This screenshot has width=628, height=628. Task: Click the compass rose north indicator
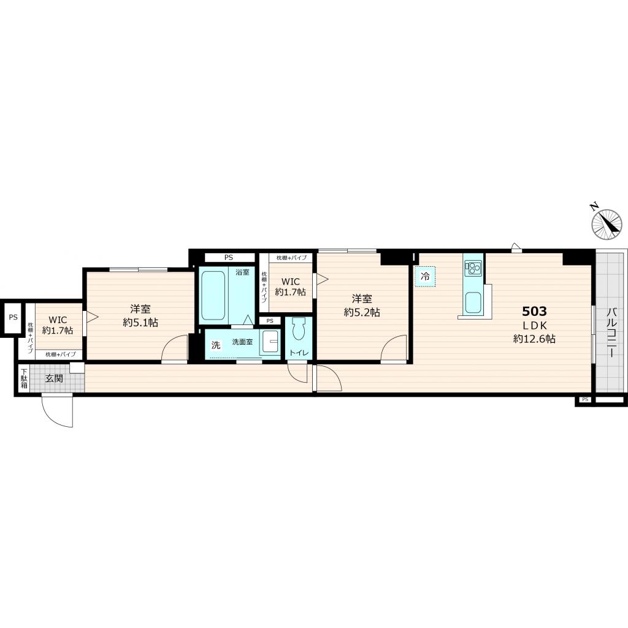[607, 224]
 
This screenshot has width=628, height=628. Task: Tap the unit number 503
[534, 311]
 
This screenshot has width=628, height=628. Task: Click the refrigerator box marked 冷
[425, 276]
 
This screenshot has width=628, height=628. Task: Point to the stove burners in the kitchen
[473, 268]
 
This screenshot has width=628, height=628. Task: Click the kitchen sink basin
[473, 302]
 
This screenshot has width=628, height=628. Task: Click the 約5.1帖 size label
[140, 323]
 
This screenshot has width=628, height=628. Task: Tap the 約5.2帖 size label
[362, 312]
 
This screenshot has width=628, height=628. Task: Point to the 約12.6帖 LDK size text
[534, 339]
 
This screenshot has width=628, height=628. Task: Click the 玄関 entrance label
[54, 378]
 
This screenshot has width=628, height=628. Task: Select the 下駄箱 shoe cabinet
[23, 379]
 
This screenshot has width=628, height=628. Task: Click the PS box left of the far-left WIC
[12, 318]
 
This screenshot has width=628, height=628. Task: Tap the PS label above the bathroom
[229, 258]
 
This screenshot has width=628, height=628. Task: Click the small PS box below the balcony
[584, 400]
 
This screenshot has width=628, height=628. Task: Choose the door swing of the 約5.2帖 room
[394, 349]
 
